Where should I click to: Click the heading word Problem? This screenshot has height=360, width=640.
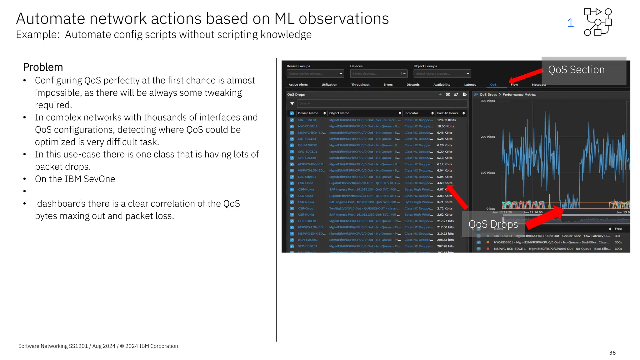click(43, 67)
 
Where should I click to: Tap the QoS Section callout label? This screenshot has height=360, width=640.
click(576, 70)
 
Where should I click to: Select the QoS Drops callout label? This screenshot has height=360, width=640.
click(493, 224)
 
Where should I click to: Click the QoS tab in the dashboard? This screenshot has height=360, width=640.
click(493, 85)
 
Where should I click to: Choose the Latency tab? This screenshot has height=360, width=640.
click(470, 85)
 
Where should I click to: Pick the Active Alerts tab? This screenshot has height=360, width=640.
click(298, 85)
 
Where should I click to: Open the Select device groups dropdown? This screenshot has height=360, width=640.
click(315, 73)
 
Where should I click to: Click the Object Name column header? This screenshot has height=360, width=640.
click(339, 113)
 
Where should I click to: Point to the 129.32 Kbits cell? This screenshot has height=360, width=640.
click(446, 120)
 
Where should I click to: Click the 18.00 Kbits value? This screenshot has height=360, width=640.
click(445, 126)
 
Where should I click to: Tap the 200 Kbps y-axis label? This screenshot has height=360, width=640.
click(487, 137)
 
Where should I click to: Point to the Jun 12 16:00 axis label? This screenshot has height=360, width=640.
click(532, 212)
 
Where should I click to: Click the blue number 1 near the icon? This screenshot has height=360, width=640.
click(570, 23)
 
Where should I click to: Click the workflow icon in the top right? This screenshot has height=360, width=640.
click(597, 22)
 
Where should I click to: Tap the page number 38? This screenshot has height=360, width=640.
click(612, 352)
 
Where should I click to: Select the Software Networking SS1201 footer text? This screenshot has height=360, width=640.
click(53, 346)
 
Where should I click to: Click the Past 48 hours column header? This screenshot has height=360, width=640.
click(447, 113)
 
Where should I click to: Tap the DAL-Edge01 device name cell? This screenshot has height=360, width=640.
click(307, 177)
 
